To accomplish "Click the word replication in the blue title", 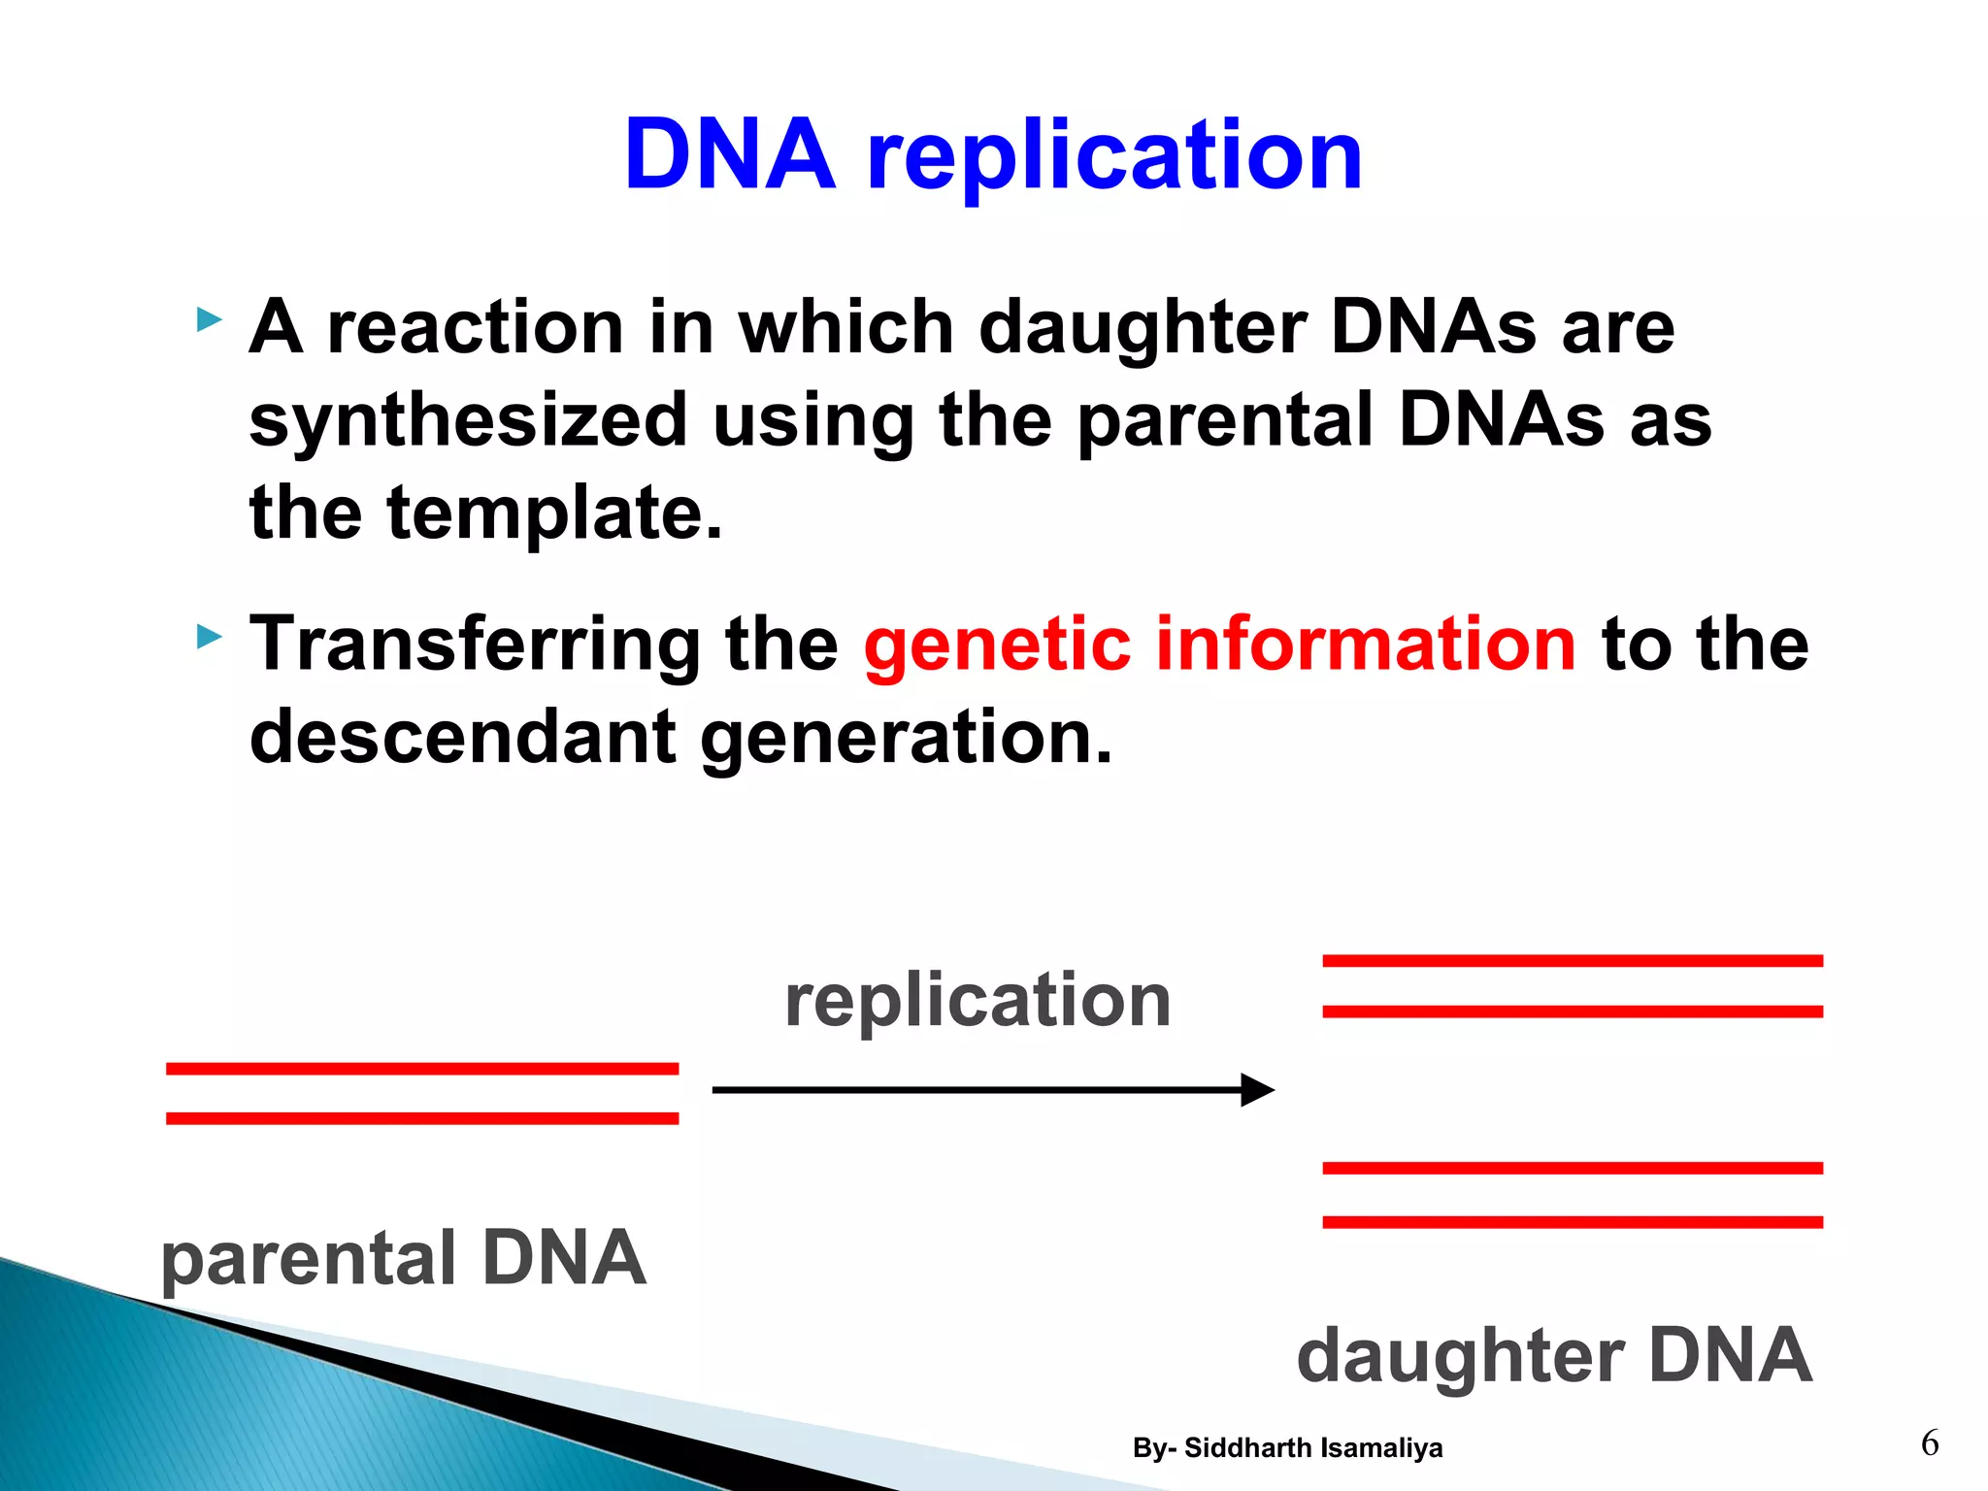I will click(1114, 157).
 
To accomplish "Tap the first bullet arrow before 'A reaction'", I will click(209, 319).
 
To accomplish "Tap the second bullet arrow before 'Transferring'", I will click(209, 638).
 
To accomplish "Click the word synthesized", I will click(468, 420).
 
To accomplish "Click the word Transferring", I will click(475, 645).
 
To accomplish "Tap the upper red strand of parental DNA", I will click(422, 1069).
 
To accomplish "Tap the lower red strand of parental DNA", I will click(422, 1118).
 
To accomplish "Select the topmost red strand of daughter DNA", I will click(1573, 961).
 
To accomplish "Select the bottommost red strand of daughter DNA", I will click(1573, 1222).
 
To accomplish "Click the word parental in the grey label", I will click(308, 1259).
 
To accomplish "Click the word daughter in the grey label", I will click(1460, 1356).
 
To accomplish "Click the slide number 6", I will click(1930, 1443).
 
